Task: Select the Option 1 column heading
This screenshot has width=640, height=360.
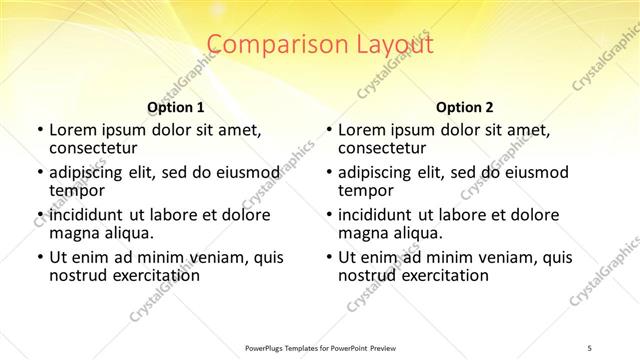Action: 175,106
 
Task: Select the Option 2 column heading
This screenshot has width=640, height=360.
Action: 465,106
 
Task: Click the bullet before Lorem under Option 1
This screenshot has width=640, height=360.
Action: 39,130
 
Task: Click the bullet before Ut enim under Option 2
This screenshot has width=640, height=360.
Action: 329,257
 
